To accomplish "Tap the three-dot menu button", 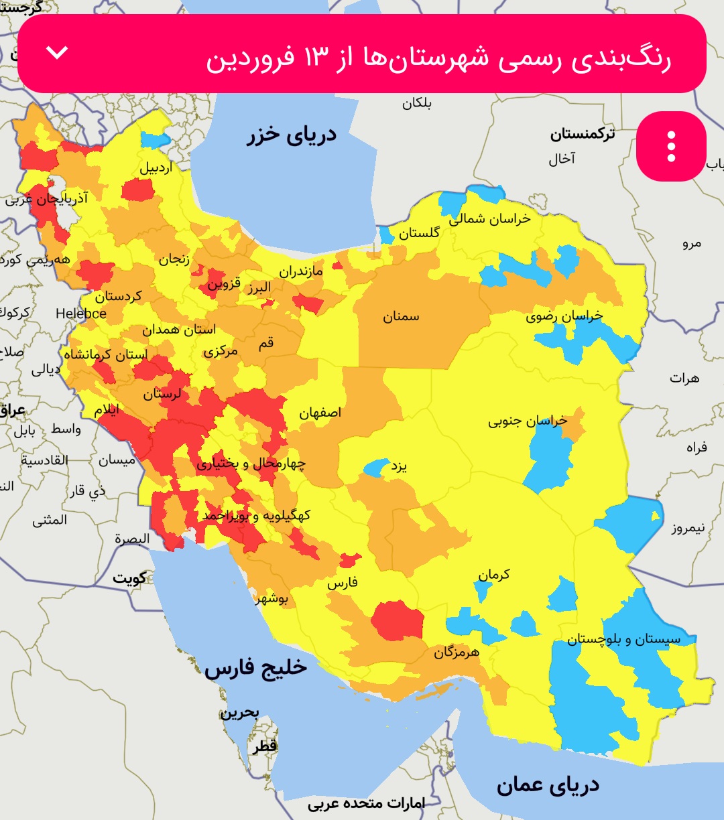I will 671,146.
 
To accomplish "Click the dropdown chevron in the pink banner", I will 58,52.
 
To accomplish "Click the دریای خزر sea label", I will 292,135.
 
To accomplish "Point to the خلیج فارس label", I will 255,668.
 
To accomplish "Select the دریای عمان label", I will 548,785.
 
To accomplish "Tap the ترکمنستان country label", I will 582,134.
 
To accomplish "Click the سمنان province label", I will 401,316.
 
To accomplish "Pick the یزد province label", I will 400,466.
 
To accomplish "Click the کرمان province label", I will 494,574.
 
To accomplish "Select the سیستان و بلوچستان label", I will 623,639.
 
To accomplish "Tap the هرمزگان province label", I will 457,651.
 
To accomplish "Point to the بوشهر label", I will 271,599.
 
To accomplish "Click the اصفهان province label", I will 320,412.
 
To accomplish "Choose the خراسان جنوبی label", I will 528,421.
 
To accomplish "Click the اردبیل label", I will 156,167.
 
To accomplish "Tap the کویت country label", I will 129,577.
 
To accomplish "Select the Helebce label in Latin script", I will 80,313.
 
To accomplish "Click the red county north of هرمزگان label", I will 398,620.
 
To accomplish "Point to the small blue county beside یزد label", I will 375,467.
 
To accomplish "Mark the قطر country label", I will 265,746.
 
